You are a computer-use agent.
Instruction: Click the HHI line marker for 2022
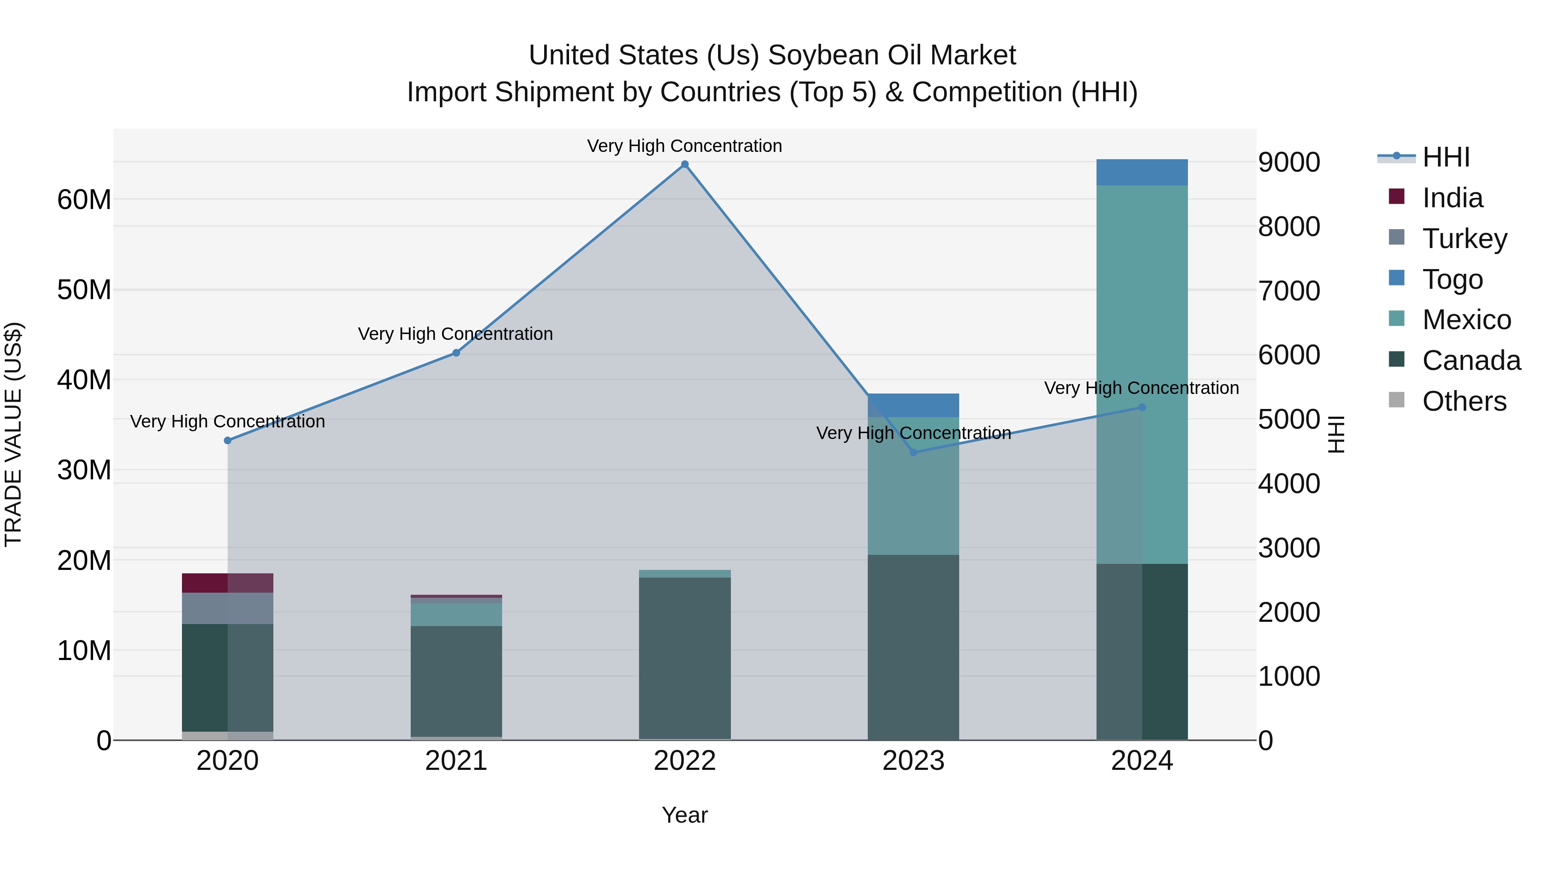pyautogui.click(x=685, y=164)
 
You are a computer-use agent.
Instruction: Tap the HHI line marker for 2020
pyautogui.click(x=227, y=440)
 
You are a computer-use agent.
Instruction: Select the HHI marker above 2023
pyautogui.click(x=913, y=452)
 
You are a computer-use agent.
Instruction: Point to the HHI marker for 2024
pyautogui.click(x=1142, y=407)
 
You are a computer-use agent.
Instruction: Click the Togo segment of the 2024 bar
pyautogui.click(x=1142, y=172)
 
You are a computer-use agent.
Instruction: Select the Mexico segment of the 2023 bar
pyautogui.click(x=913, y=486)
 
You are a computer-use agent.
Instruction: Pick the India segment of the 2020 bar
pyautogui.click(x=227, y=583)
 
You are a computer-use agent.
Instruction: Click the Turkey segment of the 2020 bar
pyautogui.click(x=227, y=608)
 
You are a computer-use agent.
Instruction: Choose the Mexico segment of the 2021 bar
pyautogui.click(x=456, y=615)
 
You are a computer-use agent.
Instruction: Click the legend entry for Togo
pyautogui.click(x=1451, y=279)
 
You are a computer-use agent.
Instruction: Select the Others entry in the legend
pyautogui.click(x=1463, y=401)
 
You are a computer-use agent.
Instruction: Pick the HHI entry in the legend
pyautogui.click(x=1445, y=157)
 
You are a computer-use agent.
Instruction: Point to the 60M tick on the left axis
pyautogui.click(x=84, y=200)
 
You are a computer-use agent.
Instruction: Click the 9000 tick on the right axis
pyautogui.click(x=1289, y=163)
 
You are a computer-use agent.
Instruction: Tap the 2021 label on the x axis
pyautogui.click(x=456, y=761)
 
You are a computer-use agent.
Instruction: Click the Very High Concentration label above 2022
pyautogui.click(x=685, y=146)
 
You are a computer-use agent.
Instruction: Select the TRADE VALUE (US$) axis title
pyautogui.click(x=13, y=434)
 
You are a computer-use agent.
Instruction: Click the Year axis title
pyautogui.click(x=685, y=815)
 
